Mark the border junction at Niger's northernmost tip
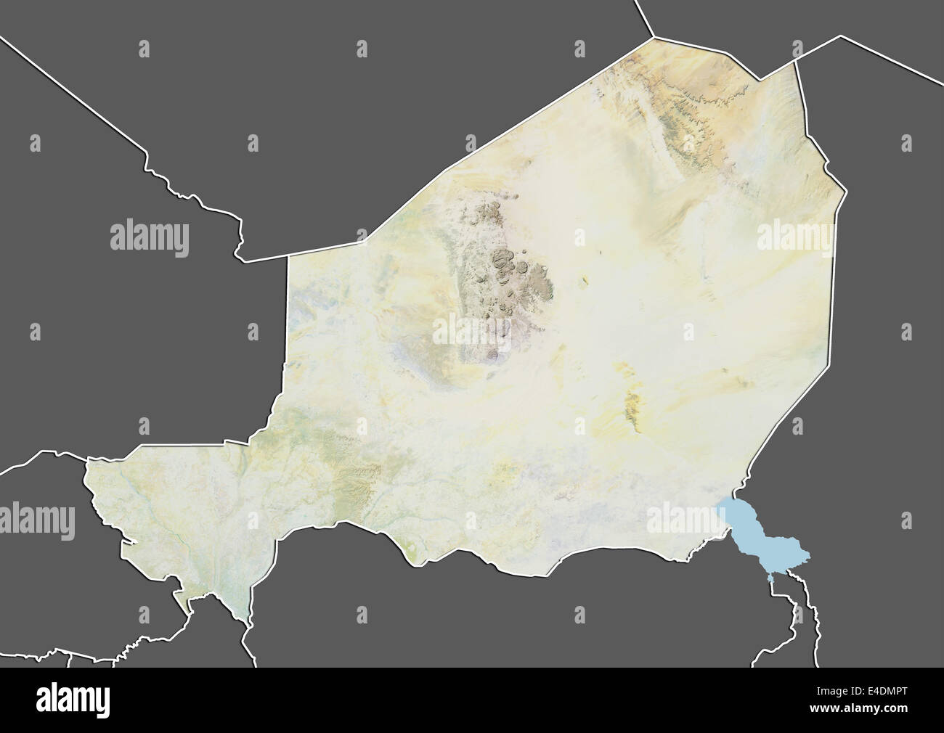click(x=654, y=37)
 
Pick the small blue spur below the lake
click(x=768, y=577)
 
